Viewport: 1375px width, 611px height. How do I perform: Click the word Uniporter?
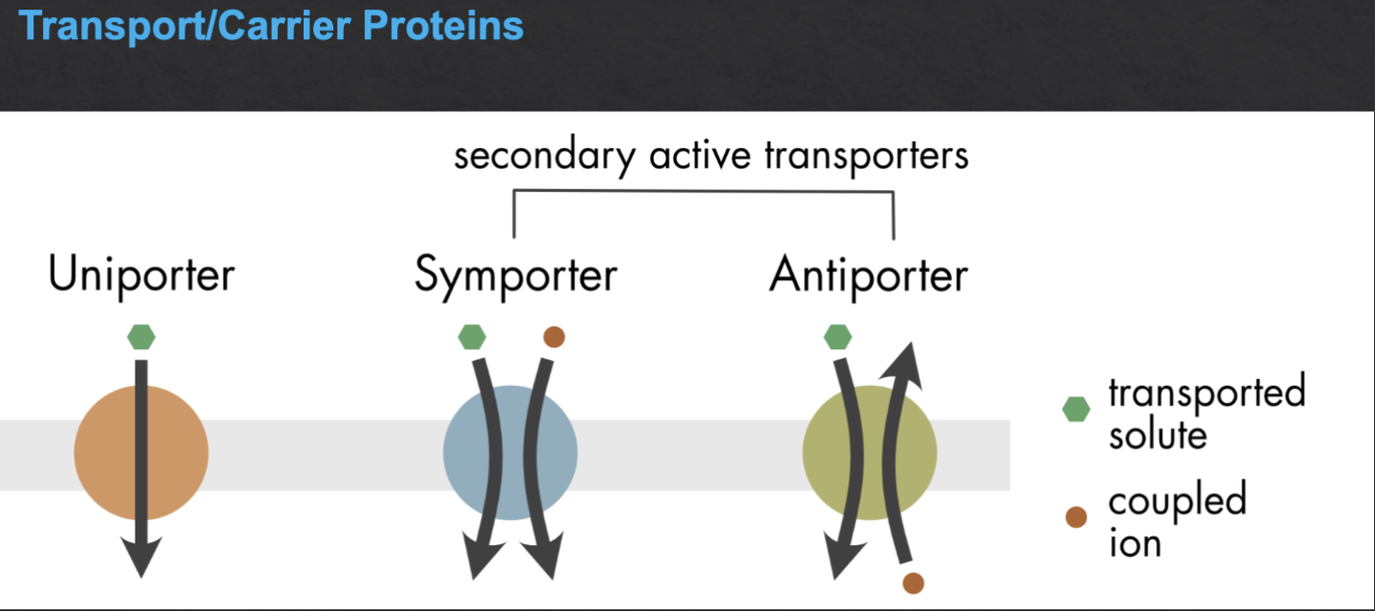coord(141,275)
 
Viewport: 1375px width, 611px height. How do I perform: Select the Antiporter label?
coord(868,275)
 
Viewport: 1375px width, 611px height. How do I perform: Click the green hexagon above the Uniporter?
coord(141,337)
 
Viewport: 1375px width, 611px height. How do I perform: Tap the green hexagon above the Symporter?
coord(472,337)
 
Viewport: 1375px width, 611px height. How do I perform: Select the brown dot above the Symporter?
coord(553,337)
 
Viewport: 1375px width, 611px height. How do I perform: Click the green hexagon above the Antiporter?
coord(837,337)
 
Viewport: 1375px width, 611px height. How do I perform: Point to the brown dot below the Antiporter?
coord(913,581)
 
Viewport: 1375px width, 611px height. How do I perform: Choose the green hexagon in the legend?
coord(1076,410)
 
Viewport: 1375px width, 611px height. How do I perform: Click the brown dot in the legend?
coord(1076,517)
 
